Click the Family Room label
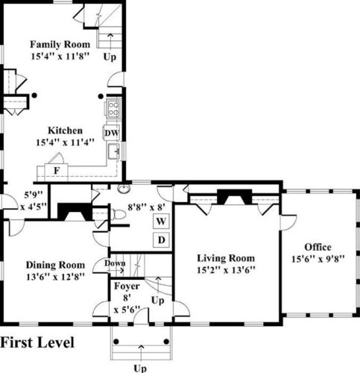point(60,45)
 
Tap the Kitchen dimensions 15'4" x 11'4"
point(65,142)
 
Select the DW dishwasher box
point(112,133)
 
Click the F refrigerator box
point(57,171)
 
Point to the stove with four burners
point(113,108)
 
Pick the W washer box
point(161,221)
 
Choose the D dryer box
point(161,240)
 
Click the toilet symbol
point(119,214)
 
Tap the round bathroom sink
point(124,189)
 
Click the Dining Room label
point(55,265)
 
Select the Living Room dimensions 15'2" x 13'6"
point(226,270)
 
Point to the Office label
point(318,247)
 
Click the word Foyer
point(127,286)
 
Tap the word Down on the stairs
point(115,263)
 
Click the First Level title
point(37,342)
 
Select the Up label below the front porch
point(140,369)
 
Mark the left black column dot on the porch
point(116,342)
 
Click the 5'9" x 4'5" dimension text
point(34,201)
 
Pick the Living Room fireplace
point(234,196)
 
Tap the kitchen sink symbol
point(114,151)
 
